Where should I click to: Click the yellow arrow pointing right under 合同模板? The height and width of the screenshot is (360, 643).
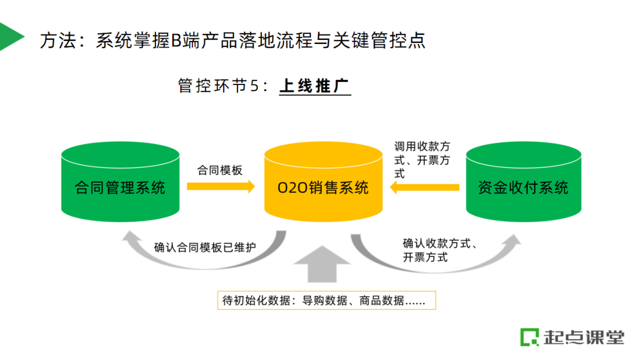point(220,187)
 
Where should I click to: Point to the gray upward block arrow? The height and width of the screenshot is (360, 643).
point(323,264)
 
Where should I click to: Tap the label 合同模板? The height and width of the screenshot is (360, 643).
point(220,171)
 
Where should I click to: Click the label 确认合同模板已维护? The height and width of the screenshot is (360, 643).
point(205,247)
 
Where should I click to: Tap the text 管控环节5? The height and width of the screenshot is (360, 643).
point(219,86)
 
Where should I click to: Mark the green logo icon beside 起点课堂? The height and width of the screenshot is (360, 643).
point(529,336)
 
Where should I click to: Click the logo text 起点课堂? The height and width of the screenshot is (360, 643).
point(584,337)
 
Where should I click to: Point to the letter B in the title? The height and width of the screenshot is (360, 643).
point(175,41)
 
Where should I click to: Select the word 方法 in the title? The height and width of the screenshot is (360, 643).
point(57,41)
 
